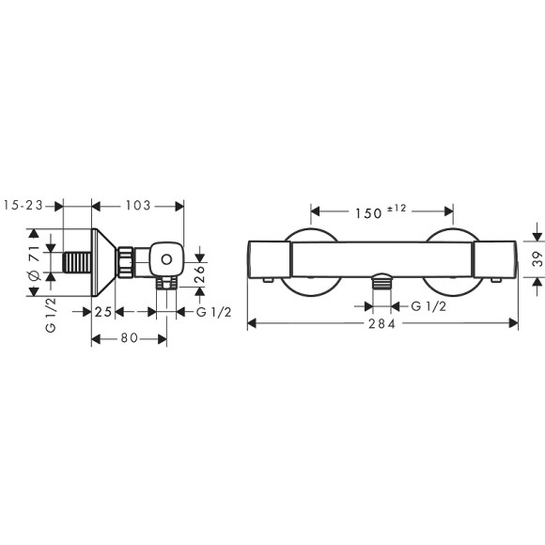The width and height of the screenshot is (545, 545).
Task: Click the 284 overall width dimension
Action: pyautogui.click(x=382, y=323)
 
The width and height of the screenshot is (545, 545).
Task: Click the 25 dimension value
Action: pyautogui.click(x=104, y=311)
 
